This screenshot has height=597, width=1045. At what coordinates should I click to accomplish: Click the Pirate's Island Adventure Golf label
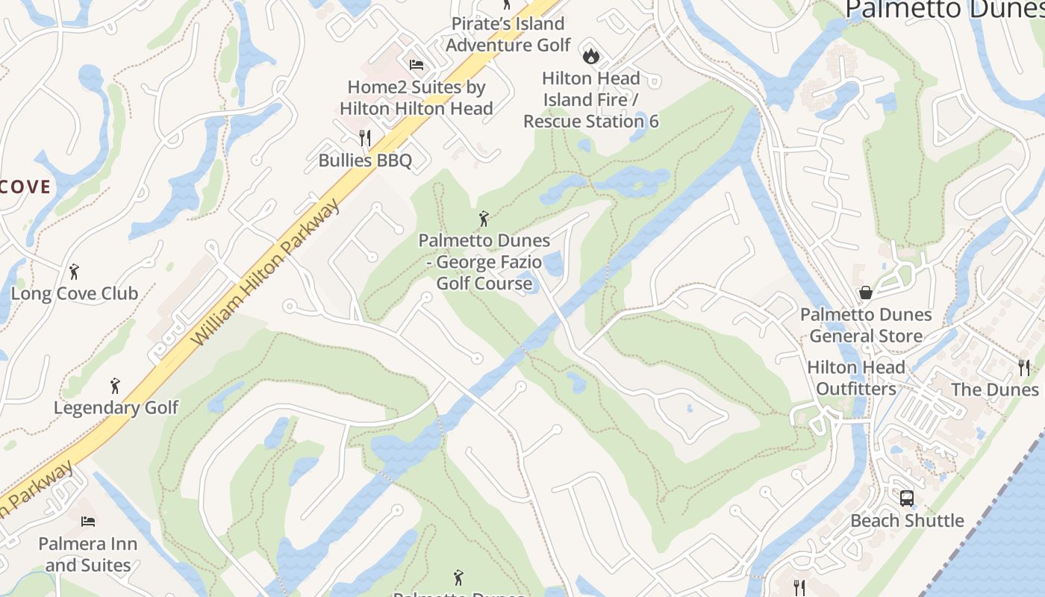tap(508, 34)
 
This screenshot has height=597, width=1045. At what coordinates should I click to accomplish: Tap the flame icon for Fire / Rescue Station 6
tap(590, 55)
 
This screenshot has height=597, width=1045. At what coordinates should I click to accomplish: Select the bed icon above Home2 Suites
tap(417, 65)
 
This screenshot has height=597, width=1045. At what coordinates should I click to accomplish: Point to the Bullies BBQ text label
tap(365, 160)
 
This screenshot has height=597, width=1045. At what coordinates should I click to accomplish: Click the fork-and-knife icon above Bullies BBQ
tap(365, 137)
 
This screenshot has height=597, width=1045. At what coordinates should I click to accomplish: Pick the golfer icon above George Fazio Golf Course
tap(484, 219)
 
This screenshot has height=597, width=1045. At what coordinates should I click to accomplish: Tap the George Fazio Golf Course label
tap(484, 262)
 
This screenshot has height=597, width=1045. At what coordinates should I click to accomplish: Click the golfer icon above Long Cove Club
tap(74, 272)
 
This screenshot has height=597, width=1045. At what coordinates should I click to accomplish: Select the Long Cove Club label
tap(75, 293)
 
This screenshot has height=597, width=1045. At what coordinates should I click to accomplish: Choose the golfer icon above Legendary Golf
tap(115, 386)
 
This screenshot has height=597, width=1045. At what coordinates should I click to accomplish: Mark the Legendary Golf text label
tap(116, 407)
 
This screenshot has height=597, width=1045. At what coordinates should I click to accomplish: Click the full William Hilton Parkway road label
tap(266, 273)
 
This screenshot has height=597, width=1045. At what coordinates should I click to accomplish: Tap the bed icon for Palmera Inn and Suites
tap(88, 521)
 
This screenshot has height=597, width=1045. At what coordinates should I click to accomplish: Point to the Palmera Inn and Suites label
tap(88, 554)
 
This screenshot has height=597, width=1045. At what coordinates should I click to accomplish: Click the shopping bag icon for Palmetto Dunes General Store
tap(866, 293)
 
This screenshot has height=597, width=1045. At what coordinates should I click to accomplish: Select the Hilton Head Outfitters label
tap(856, 378)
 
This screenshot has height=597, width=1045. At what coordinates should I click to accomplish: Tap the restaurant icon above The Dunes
tap(1024, 367)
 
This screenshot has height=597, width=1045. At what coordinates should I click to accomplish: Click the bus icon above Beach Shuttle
tap(907, 498)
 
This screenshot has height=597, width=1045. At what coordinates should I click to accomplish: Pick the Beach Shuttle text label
tap(907, 520)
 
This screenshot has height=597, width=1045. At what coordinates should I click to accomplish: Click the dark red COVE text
tap(25, 187)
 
